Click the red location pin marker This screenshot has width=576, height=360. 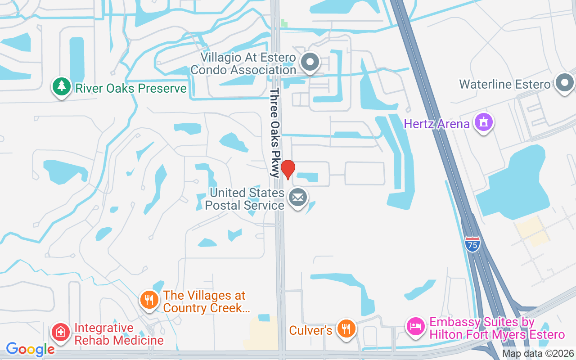pyautogui.click(x=288, y=170)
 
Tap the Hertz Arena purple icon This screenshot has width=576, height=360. pyautogui.click(x=484, y=122)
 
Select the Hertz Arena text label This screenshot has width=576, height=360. pyautogui.click(x=436, y=124)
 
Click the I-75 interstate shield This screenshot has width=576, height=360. pyautogui.click(x=472, y=244)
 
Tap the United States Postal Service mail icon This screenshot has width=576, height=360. pyautogui.click(x=297, y=198)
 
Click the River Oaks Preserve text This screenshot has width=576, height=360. pyautogui.click(x=130, y=88)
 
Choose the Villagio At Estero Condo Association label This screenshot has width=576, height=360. pyautogui.click(x=243, y=64)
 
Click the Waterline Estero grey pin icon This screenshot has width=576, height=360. pyautogui.click(x=564, y=83)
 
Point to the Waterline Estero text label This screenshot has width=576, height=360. pyautogui.click(x=504, y=84)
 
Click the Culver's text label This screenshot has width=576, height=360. pyautogui.click(x=310, y=330)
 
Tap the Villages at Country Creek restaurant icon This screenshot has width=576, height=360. pyautogui.click(x=149, y=300)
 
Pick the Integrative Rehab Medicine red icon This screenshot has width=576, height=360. pyautogui.click(x=61, y=333)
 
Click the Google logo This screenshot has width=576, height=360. pyautogui.click(x=30, y=349)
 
